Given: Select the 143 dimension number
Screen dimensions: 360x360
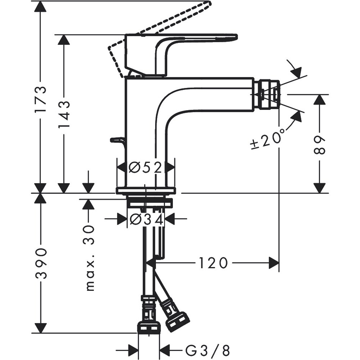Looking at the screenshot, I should [x=64, y=114].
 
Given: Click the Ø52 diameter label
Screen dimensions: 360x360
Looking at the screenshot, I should [x=146, y=167].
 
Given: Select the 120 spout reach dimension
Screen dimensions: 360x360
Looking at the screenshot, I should [x=213, y=263].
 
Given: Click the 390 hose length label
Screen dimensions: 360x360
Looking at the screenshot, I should [x=41, y=264].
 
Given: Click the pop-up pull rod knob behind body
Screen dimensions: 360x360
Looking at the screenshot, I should [x=117, y=139].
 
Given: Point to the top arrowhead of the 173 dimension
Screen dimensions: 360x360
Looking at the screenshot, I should [x=41, y=6].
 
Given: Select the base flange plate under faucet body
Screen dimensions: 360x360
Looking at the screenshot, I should [x=145, y=190].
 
